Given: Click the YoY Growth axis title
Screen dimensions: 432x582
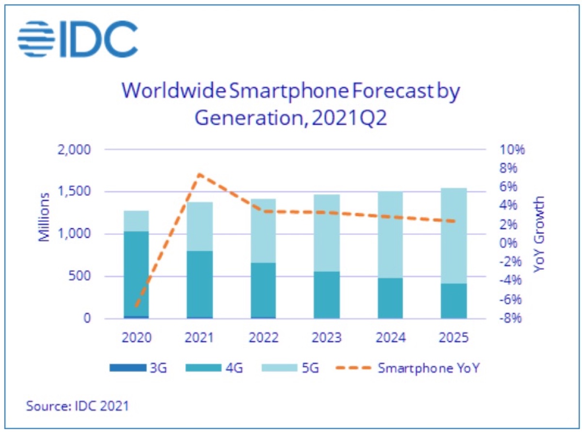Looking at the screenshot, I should (539, 233).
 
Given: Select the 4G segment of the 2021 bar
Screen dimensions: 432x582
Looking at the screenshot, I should (199, 284).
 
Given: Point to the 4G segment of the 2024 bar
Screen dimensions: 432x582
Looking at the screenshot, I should (390, 298).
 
